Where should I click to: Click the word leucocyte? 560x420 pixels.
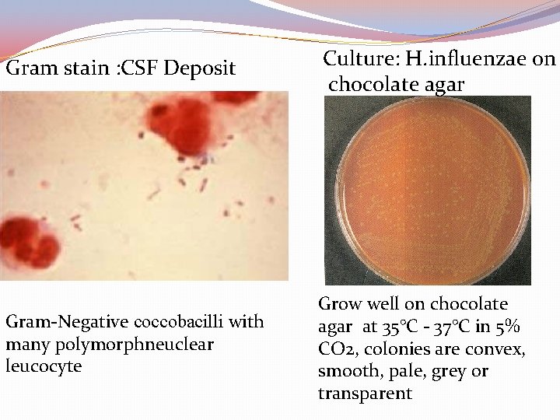point(43,366)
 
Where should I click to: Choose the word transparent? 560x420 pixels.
point(365,394)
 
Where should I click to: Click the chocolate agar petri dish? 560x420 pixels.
point(430,190)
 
